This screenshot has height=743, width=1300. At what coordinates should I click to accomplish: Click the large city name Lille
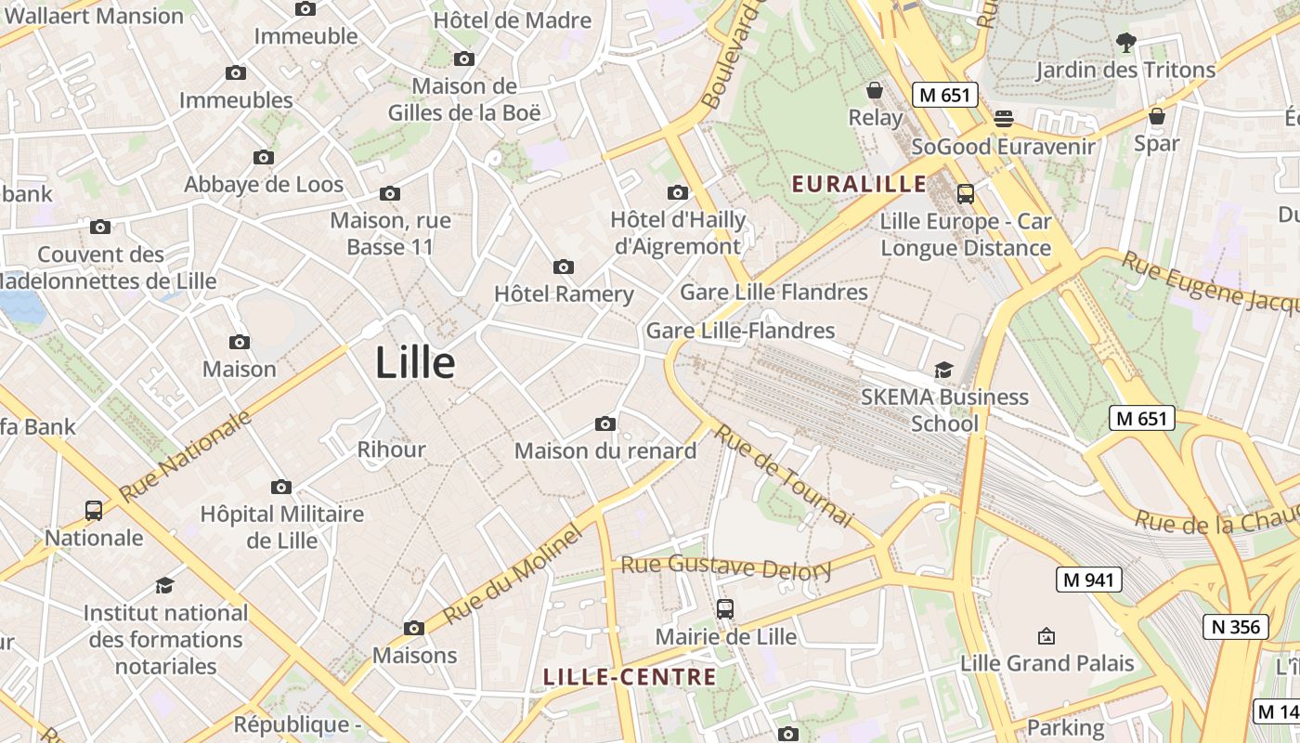(414, 363)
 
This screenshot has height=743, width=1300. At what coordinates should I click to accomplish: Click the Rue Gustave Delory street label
(726, 566)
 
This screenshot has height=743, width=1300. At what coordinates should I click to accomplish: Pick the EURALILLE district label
(859, 184)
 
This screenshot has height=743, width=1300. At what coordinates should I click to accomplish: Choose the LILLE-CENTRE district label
(630, 677)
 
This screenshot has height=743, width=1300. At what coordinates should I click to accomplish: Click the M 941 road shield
(1089, 580)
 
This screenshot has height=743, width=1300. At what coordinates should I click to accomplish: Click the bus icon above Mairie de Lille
(725, 609)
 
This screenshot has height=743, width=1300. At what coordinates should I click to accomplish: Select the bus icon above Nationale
(94, 510)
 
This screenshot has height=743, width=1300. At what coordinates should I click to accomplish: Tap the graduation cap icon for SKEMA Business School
(943, 370)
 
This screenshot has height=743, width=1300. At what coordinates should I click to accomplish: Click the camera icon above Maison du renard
(605, 424)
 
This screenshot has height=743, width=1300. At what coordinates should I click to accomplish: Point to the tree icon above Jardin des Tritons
(1125, 42)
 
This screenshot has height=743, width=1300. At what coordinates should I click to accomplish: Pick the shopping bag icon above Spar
(1156, 116)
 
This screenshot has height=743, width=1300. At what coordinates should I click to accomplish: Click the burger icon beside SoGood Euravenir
(1003, 118)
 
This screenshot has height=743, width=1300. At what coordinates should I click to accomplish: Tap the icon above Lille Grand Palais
(1046, 636)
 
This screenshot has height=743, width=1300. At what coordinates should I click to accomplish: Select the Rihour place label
(391, 450)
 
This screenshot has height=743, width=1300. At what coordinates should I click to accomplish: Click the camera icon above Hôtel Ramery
(563, 267)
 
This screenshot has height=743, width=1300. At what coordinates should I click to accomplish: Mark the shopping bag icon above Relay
(874, 90)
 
